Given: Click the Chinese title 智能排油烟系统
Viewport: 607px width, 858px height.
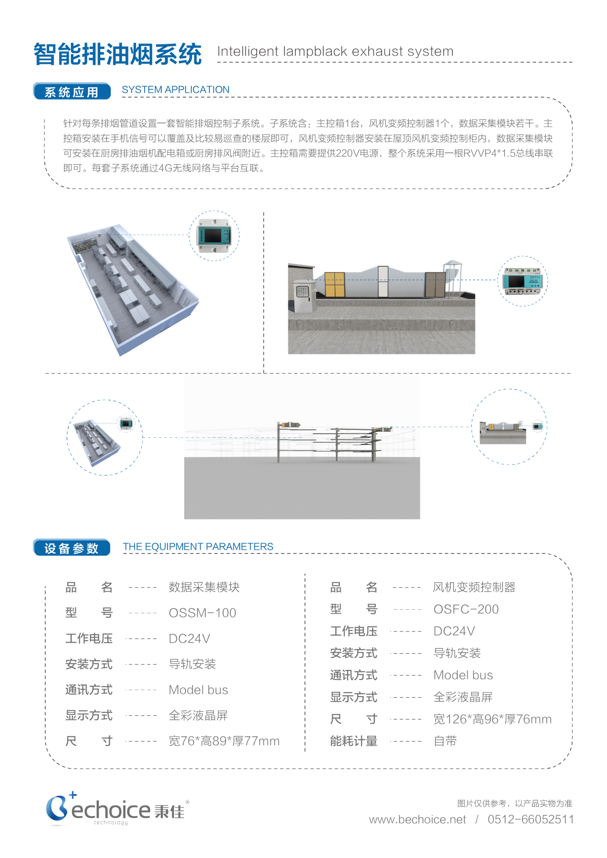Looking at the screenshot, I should coord(117,54).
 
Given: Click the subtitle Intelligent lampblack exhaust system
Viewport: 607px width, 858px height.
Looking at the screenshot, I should coord(335,52).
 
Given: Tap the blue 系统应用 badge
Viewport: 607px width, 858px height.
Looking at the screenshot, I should coord(71,92).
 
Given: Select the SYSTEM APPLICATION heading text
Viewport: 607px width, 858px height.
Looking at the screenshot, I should coord(176,90).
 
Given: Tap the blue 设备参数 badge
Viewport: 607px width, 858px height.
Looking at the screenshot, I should coord(71,548).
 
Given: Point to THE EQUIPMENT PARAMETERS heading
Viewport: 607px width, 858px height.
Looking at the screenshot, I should coord(198,547).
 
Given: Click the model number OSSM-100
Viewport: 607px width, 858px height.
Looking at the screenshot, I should coord(202,613).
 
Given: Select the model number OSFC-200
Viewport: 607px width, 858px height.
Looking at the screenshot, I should coord(466,609).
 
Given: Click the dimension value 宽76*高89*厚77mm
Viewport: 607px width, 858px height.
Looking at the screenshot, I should coord(224,741).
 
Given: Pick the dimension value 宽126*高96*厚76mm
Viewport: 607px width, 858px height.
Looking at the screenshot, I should coord(492,719).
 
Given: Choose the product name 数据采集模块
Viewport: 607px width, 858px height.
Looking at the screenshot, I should coord(204,587).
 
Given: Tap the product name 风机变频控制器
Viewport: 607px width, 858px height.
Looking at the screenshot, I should coord(474,587).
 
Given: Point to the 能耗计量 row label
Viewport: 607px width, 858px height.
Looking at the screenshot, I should coord(354,741).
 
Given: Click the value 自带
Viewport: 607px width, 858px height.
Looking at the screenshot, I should coord(445,741).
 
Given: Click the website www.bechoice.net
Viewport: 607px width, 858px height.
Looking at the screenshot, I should coord(417,820).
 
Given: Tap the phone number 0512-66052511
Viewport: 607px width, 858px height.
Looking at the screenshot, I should coord(531,820).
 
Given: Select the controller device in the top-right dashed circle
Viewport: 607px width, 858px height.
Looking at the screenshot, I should coord(523,281).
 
